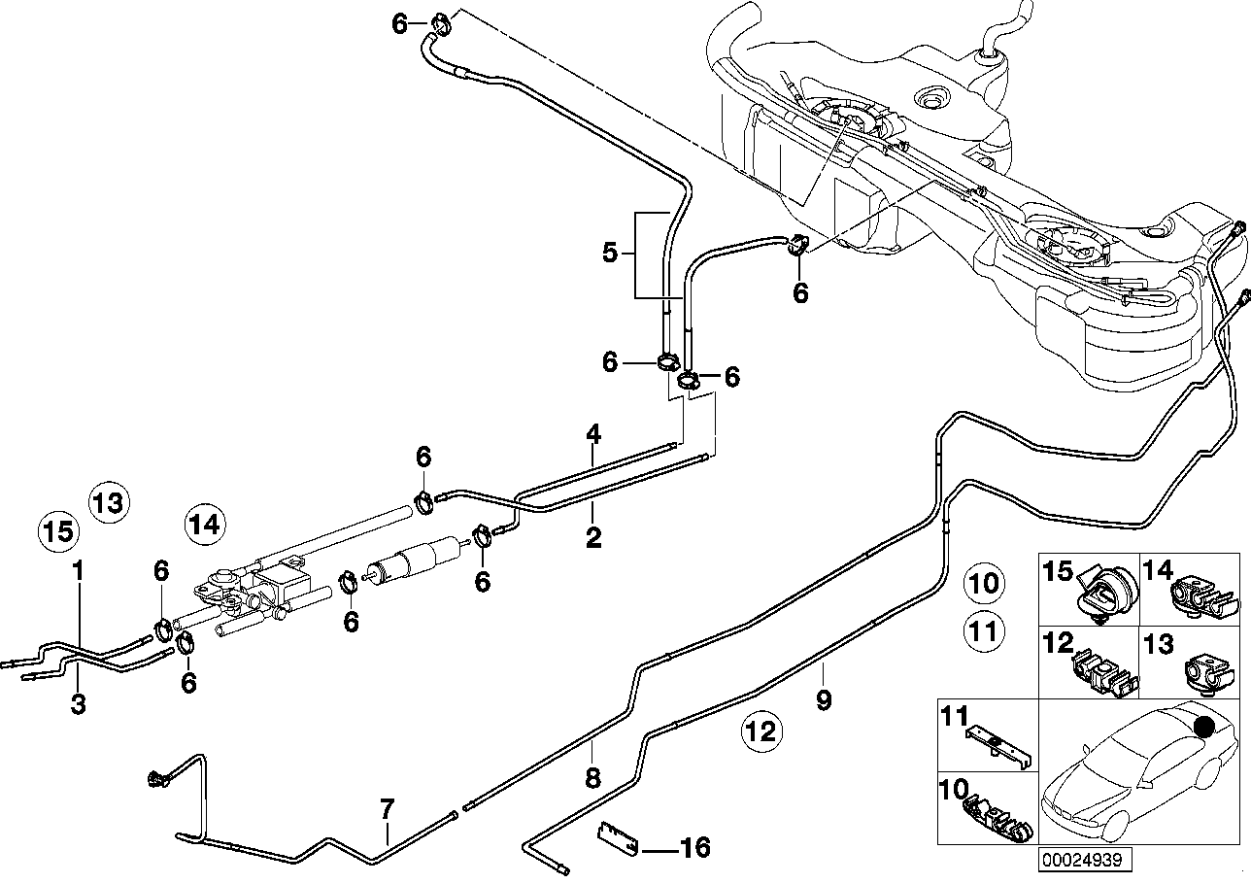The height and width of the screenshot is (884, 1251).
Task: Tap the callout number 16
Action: [694, 847]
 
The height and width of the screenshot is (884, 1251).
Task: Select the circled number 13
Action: [110, 502]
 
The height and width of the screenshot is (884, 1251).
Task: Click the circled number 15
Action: [58, 531]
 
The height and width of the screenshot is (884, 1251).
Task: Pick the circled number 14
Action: [206, 525]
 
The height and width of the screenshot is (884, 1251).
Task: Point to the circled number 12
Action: [761, 731]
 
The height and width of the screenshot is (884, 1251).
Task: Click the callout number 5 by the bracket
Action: [610, 253]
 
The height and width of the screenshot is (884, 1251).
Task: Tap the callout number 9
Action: [824, 700]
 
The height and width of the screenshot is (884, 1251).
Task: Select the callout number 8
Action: [592, 778]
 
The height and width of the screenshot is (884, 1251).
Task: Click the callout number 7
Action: [387, 809]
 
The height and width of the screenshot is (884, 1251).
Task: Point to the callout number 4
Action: [593, 434]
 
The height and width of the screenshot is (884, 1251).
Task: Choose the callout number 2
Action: [593, 536]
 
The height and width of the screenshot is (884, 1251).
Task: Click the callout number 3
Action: [78, 703]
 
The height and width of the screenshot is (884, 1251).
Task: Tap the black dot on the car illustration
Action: [1203, 727]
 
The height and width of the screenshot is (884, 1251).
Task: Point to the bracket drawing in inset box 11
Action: [999, 748]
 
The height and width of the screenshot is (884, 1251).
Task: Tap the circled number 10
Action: [984, 584]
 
